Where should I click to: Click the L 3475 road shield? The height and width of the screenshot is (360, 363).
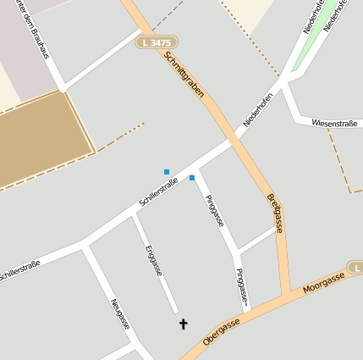[157, 42]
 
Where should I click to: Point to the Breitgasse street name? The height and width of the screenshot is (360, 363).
[275, 213]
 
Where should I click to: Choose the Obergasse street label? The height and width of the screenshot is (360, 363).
[223, 333]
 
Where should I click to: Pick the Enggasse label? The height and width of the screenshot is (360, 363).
[153, 261]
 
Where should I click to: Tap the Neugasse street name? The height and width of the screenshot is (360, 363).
[120, 314]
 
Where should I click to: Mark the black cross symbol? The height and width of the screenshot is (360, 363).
[183, 324]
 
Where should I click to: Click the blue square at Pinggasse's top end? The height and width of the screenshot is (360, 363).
[192, 178]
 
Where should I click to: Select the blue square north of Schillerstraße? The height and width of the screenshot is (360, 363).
[167, 172]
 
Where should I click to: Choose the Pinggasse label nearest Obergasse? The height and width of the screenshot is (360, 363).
[243, 286]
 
